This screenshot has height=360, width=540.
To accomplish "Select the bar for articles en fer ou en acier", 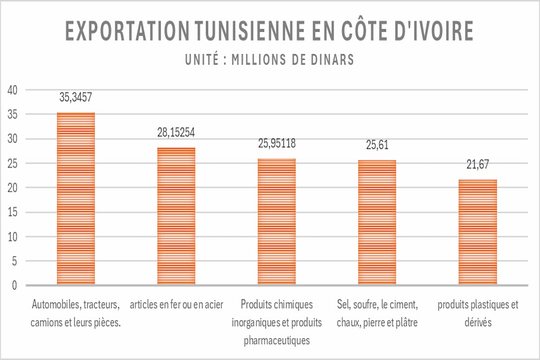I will (x=176, y=216).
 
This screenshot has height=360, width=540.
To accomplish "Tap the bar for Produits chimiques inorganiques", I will (x=276, y=221).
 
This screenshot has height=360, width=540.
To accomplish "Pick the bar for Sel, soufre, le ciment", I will (x=377, y=222).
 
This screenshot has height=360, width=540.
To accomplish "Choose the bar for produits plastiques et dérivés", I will (x=477, y=232).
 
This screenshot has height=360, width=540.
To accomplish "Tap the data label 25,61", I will (x=377, y=144).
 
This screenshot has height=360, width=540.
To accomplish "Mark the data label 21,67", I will (x=477, y=164).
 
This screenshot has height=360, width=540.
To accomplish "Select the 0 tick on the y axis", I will (x=14, y=285).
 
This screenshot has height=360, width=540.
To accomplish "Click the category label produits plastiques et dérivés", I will (x=477, y=313).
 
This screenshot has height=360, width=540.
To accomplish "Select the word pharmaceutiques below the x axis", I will (x=276, y=340).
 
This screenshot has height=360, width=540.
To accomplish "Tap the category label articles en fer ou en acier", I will (x=176, y=305).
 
